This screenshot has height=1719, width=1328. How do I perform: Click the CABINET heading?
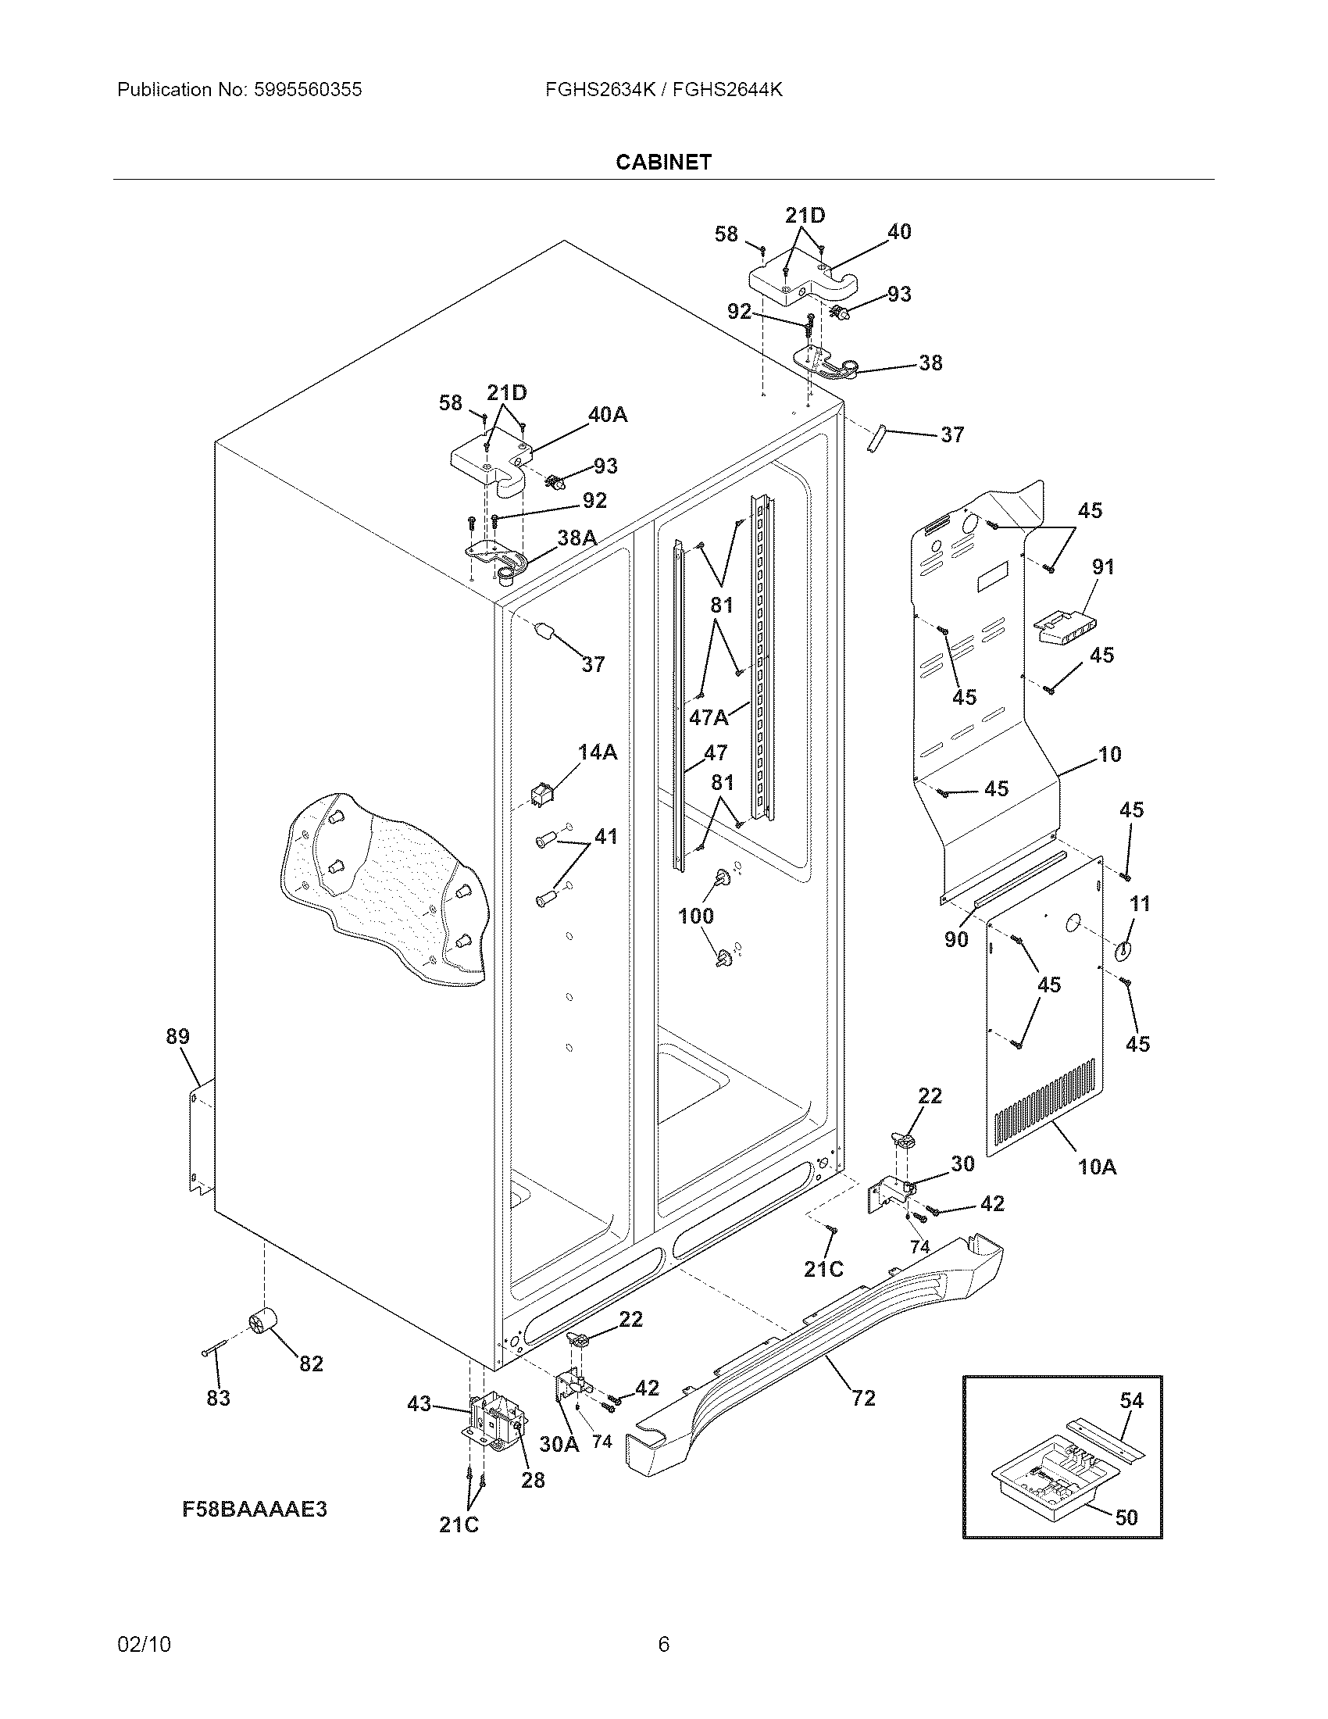click(x=663, y=163)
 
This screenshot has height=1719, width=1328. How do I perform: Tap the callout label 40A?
click(x=607, y=415)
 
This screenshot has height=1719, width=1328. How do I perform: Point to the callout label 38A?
click(x=577, y=538)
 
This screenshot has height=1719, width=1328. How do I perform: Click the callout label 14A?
click(x=597, y=752)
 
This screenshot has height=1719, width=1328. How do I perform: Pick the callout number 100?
click(x=696, y=916)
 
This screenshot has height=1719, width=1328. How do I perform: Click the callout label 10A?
click(x=1097, y=1167)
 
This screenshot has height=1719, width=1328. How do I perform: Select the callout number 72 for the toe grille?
click(x=863, y=1398)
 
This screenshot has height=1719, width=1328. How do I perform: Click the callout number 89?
click(x=178, y=1037)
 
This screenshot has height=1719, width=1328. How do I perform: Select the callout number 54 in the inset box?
click(x=1131, y=1400)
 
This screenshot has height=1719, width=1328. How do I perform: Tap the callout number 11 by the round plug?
click(x=1140, y=903)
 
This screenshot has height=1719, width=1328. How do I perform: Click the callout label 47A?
click(x=708, y=717)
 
